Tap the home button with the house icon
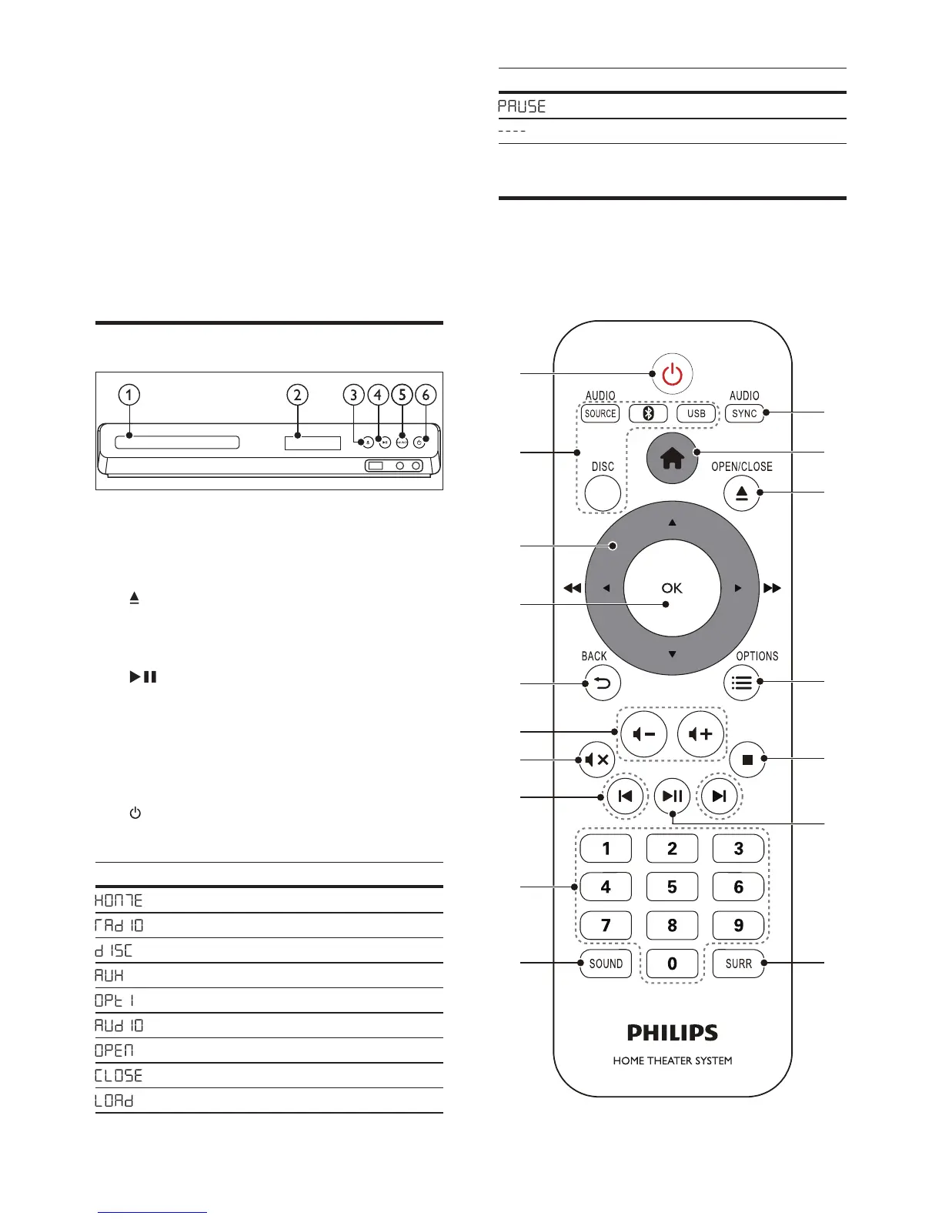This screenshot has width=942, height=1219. (672, 459)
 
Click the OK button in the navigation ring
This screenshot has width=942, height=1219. (672, 588)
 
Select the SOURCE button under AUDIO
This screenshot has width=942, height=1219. (600, 413)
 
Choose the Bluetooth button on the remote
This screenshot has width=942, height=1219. (648, 413)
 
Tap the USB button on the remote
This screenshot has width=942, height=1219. (696, 413)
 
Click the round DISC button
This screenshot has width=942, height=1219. (603, 493)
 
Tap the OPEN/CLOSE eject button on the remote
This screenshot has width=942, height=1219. (741, 493)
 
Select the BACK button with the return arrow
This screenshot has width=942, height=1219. (603, 683)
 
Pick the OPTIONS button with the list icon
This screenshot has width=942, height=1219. (741, 683)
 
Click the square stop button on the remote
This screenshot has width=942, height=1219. (747, 760)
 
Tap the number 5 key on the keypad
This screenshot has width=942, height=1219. (672, 887)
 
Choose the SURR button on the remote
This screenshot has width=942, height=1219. (738, 964)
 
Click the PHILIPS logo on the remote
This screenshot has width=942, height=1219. (672, 1033)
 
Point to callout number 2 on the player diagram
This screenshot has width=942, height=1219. (297, 396)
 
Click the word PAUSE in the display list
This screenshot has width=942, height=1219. (522, 106)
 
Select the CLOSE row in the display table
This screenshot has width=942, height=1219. (119, 1075)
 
